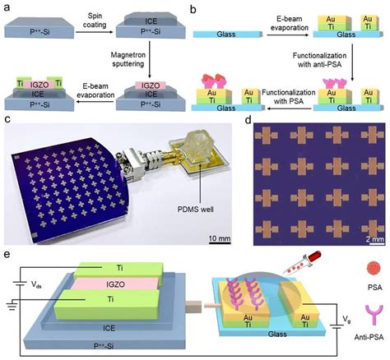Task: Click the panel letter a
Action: (7, 8)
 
